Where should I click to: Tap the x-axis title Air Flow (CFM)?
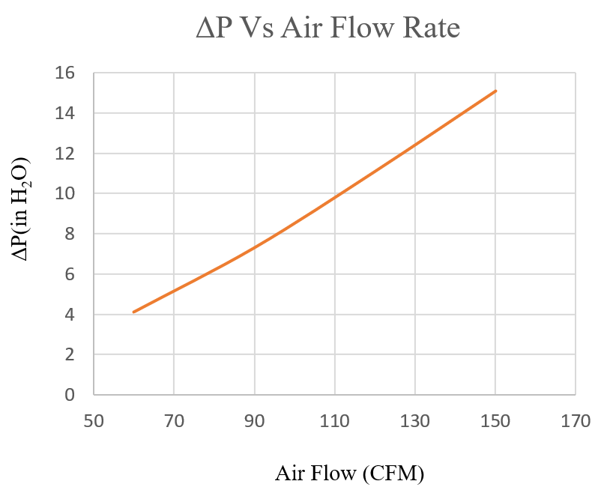click(x=349, y=474)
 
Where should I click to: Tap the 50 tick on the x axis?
click(x=94, y=422)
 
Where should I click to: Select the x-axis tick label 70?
click(x=174, y=422)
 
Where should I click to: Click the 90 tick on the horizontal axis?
click(x=255, y=422)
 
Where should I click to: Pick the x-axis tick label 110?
click(x=335, y=422)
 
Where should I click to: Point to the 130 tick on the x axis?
click(x=415, y=422)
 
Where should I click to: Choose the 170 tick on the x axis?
click(x=576, y=422)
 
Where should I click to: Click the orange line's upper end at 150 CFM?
click(x=495, y=91)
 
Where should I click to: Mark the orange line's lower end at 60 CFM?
click(x=133, y=312)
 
